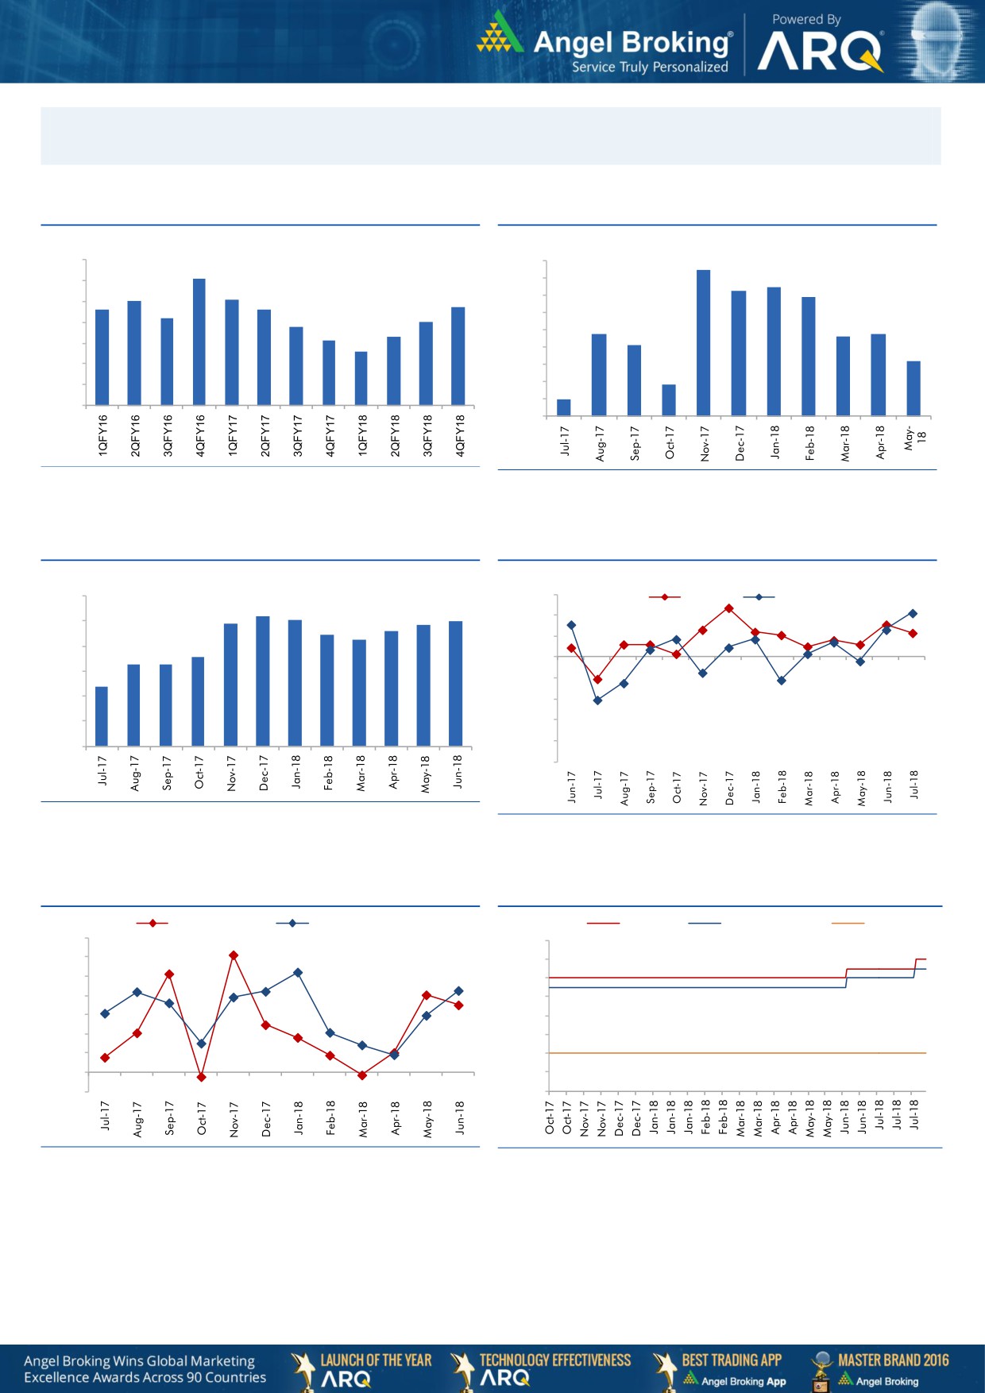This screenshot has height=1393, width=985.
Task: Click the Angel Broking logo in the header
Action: [604, 44]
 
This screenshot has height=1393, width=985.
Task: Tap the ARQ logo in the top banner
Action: [820, 52]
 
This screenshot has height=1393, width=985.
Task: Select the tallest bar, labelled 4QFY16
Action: [199, 341]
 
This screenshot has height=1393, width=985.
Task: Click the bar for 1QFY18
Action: [361, 378]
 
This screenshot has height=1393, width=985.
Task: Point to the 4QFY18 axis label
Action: [460, 434]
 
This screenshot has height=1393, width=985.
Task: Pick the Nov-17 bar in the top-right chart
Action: [704, 342]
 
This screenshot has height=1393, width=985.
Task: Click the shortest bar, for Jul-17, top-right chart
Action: [564, 407]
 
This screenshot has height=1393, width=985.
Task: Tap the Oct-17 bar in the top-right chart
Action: [669, 400]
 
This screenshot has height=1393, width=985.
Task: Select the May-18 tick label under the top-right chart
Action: [914, 438]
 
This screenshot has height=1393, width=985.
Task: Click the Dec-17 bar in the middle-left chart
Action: [263, 681]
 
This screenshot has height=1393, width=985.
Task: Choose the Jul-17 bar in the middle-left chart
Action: [102, 716]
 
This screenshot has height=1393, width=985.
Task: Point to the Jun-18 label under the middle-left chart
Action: [458, 771]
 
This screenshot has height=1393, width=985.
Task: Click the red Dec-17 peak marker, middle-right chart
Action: [728, 608]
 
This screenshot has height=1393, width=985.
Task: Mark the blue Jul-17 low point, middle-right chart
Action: [597, 700]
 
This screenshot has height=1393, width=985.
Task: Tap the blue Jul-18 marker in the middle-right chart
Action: [913, 613]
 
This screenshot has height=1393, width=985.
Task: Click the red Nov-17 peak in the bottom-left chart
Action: [234, 955]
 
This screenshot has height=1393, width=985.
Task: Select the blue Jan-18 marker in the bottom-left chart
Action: [298, 972]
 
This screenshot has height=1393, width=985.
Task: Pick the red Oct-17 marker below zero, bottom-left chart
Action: [201, 1077]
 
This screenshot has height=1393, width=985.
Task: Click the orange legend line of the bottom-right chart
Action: [847, 923]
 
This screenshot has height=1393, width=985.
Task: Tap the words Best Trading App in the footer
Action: [732, 1360]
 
